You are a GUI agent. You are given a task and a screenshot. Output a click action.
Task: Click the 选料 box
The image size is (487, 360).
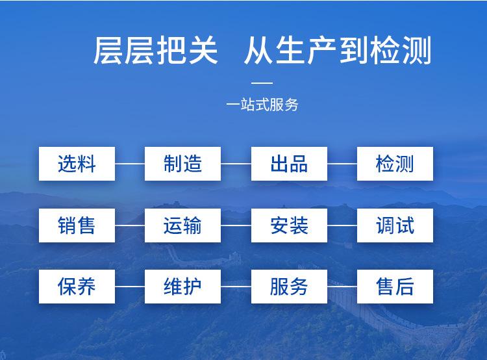click(x=77, y=164)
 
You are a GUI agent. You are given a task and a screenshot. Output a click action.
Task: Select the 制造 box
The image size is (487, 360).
click(x=182, y=164)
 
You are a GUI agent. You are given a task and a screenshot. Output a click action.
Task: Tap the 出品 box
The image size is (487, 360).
click(x=289, y=164)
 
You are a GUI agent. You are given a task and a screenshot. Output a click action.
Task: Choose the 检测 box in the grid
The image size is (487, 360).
click(x=395, y=164)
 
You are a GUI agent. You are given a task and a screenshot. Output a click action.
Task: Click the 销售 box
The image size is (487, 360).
click(x=77, y=225)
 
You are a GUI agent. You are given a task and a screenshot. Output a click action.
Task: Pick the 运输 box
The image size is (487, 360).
click(x=182, y=225)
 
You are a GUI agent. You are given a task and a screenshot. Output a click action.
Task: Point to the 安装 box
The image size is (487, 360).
click(x=289, y=225)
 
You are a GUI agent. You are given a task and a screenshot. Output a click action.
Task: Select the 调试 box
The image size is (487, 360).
click(x=395, y=225)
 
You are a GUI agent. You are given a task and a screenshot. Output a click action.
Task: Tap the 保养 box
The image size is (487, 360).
click(x=77, y=287)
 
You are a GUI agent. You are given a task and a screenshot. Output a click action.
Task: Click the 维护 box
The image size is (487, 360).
click(x=182, y=287)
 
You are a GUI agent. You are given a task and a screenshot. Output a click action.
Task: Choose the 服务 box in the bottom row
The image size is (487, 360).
click(x=289, y=287)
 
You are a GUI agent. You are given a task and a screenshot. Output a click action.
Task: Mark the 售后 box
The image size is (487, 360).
click(x=395, y=287)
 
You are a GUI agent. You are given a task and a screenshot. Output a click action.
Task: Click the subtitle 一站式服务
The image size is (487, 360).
click(x=262, y=105)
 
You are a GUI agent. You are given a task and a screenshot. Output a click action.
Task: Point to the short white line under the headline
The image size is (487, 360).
click(x=262, y=83)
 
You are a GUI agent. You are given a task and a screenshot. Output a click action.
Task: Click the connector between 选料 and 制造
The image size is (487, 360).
click(x=130, y=164)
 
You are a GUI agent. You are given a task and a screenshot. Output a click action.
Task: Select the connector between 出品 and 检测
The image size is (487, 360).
click(x=342, y=164)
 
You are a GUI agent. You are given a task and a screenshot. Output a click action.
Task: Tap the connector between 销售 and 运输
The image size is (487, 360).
click(x=130, y=225)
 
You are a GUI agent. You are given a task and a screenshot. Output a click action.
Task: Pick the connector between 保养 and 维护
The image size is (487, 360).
click(x=130, y=287)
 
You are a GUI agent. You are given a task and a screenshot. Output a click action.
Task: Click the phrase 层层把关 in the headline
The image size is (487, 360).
click(x=156, y=51)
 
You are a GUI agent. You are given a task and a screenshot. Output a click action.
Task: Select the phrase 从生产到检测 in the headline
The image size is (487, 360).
click(x=338, y=51)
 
